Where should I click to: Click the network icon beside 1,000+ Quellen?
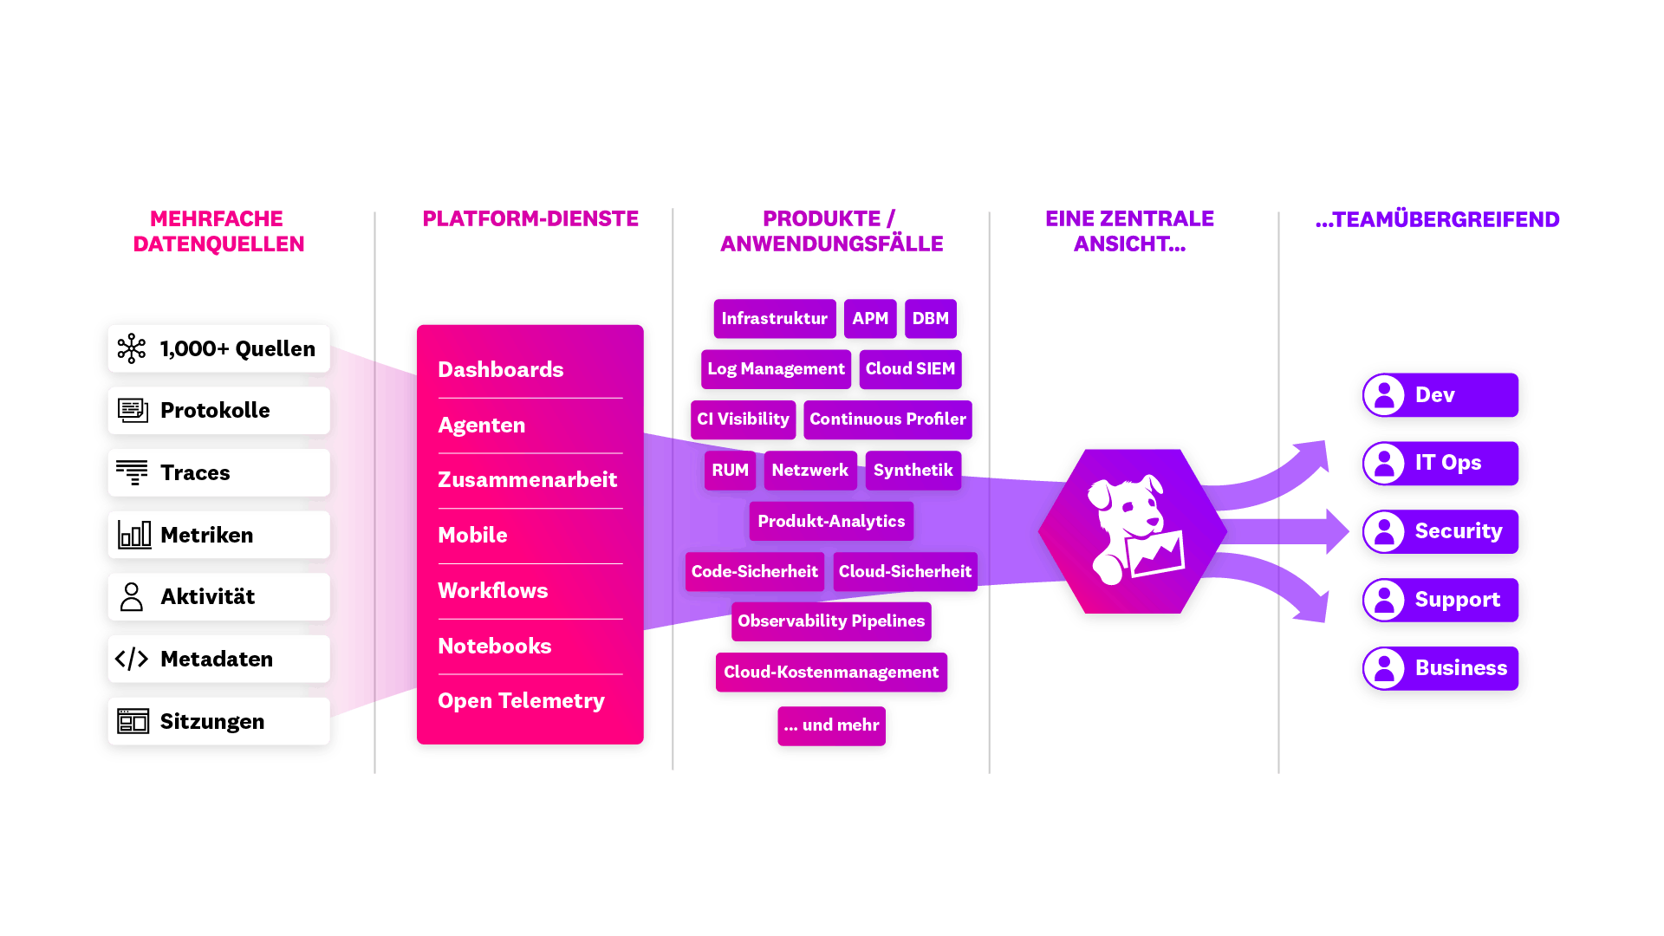pyautogui.click(x=132, y=348)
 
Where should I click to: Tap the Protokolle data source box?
pyautogui.click(x=218, y=410)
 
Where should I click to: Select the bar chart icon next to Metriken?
pyautogui.click(x=134, y=535)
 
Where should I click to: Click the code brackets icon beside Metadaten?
pyautogui.click(x=132, y=659)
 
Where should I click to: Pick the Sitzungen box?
pyautogui.click(x=218, y=721)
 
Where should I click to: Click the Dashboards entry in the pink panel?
pyautogui.click(x=500, y=370)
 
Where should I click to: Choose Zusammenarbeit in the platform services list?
pyautogui.click(x=527, y=480)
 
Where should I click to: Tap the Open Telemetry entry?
pyautogui.click(x=521, y=701)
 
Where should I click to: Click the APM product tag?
pyautogui.click(x=870, y=319)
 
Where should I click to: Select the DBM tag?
pyautogui.click(x=930, y=319)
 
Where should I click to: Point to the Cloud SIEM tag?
pyautogui.click(x=910, y=369)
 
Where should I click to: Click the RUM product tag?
pyautogui.click(x=730, y=471)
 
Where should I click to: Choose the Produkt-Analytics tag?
pyautogui.click(x=831, y=521)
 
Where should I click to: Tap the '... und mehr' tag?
pyautogui.click(x=831, y=725)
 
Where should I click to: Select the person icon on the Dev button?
pyautogui.click(x=1384, y=395)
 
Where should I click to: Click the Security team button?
pyautogui.click(x=1440, y=531)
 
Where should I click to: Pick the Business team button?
pyautogui.click(x=1440, y=668)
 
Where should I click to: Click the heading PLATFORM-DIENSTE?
pyautogui.click(x=530, y=219)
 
